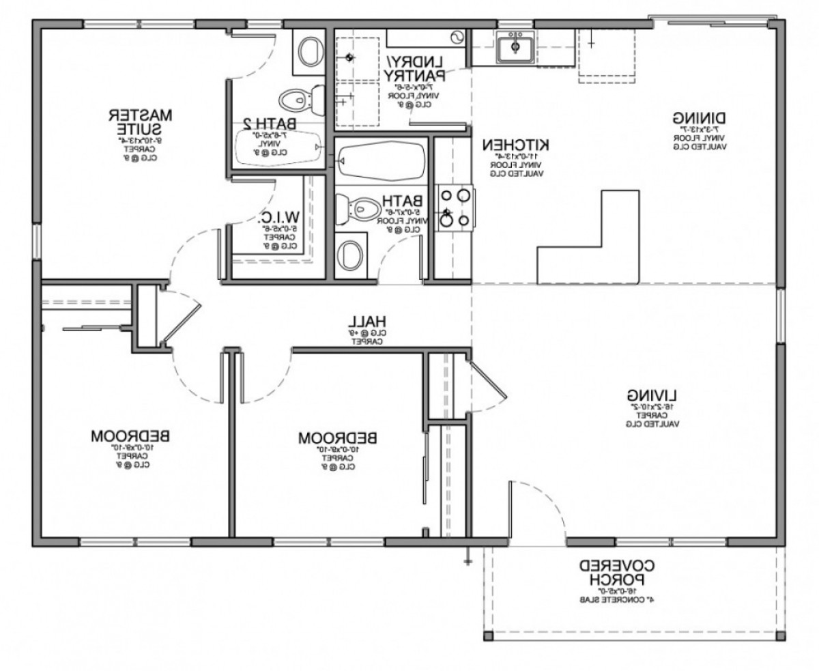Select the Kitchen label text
point(516,145)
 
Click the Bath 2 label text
point(270,124)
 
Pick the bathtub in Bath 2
point(277,147)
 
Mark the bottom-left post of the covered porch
point(488,637)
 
